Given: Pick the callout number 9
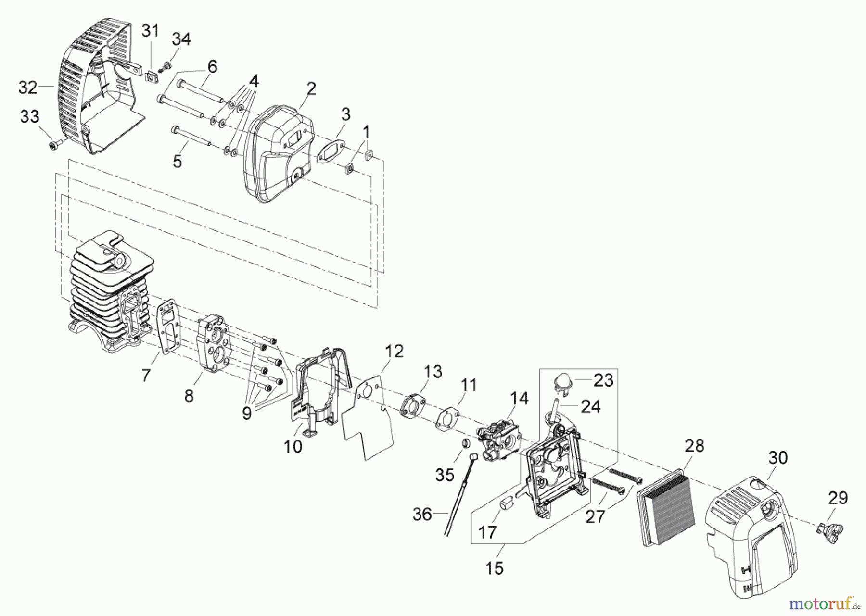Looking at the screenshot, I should click(247, 413).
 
